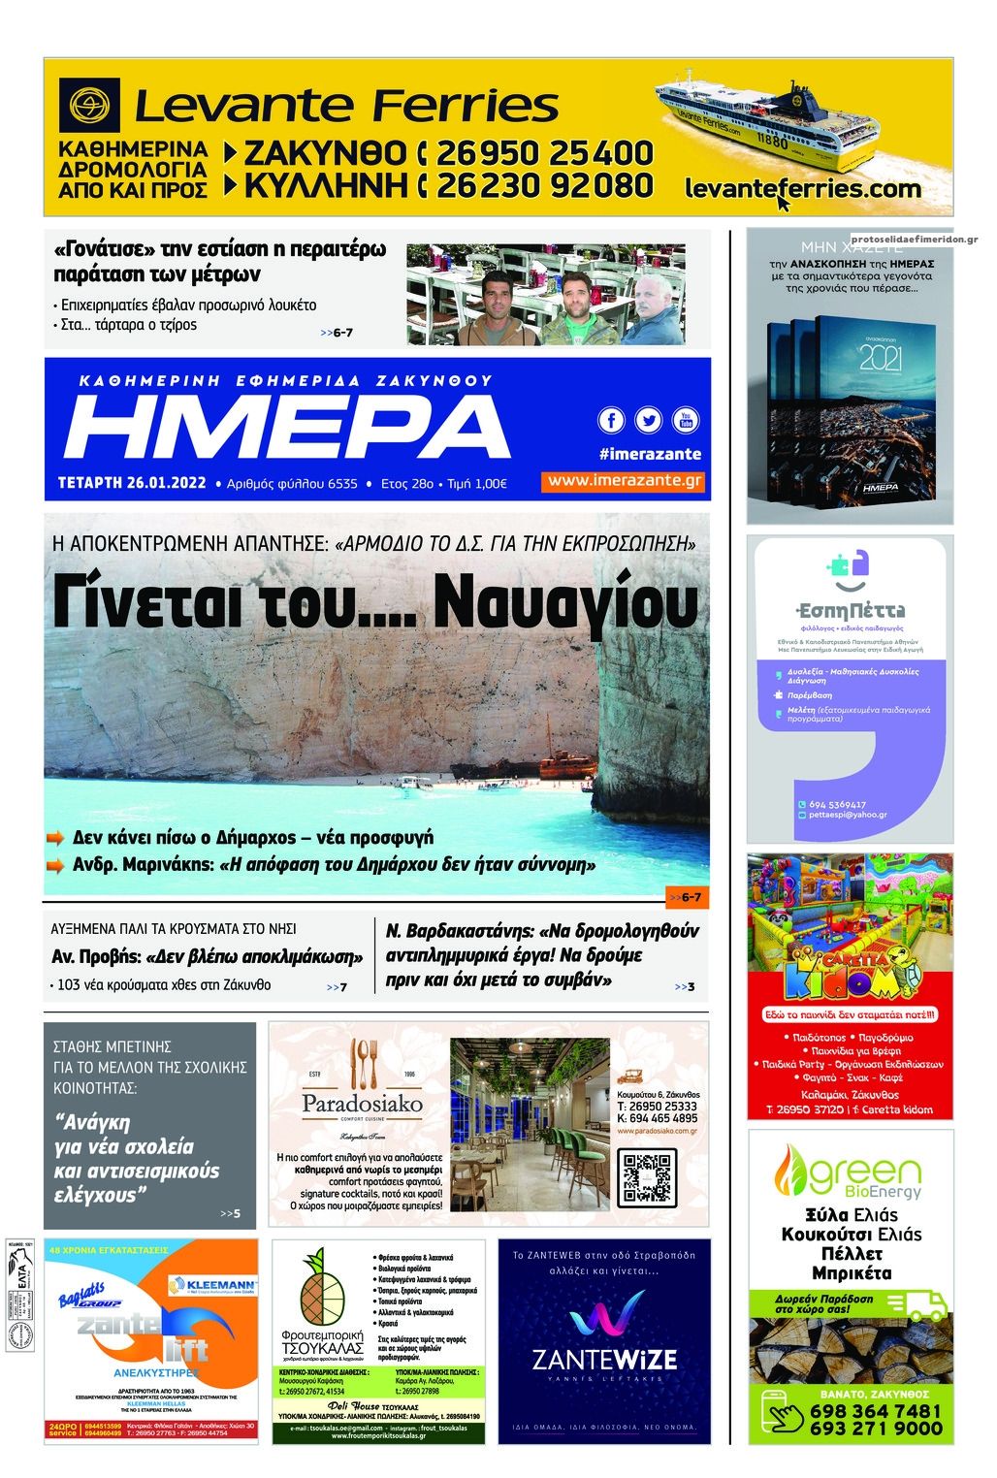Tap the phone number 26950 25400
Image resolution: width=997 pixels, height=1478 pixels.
[x=544, y=153]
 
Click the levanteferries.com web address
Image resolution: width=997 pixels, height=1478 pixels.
[x=802, y=188]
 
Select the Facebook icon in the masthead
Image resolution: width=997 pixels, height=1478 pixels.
[x=611, y=420]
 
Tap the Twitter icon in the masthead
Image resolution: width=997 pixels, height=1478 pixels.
[x=648, y=420]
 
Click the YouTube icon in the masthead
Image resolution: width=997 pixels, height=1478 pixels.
[x=686, y=420]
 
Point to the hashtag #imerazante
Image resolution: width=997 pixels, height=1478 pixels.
[x=650, y=454]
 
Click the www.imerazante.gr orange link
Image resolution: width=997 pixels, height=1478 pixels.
[x=624, y=481]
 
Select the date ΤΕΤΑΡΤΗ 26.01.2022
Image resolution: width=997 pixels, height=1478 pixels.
[x=132, y=483]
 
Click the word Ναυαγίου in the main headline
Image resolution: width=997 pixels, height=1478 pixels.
[x=564, y=603]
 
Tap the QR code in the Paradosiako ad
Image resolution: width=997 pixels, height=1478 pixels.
[x=647, y=1180]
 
